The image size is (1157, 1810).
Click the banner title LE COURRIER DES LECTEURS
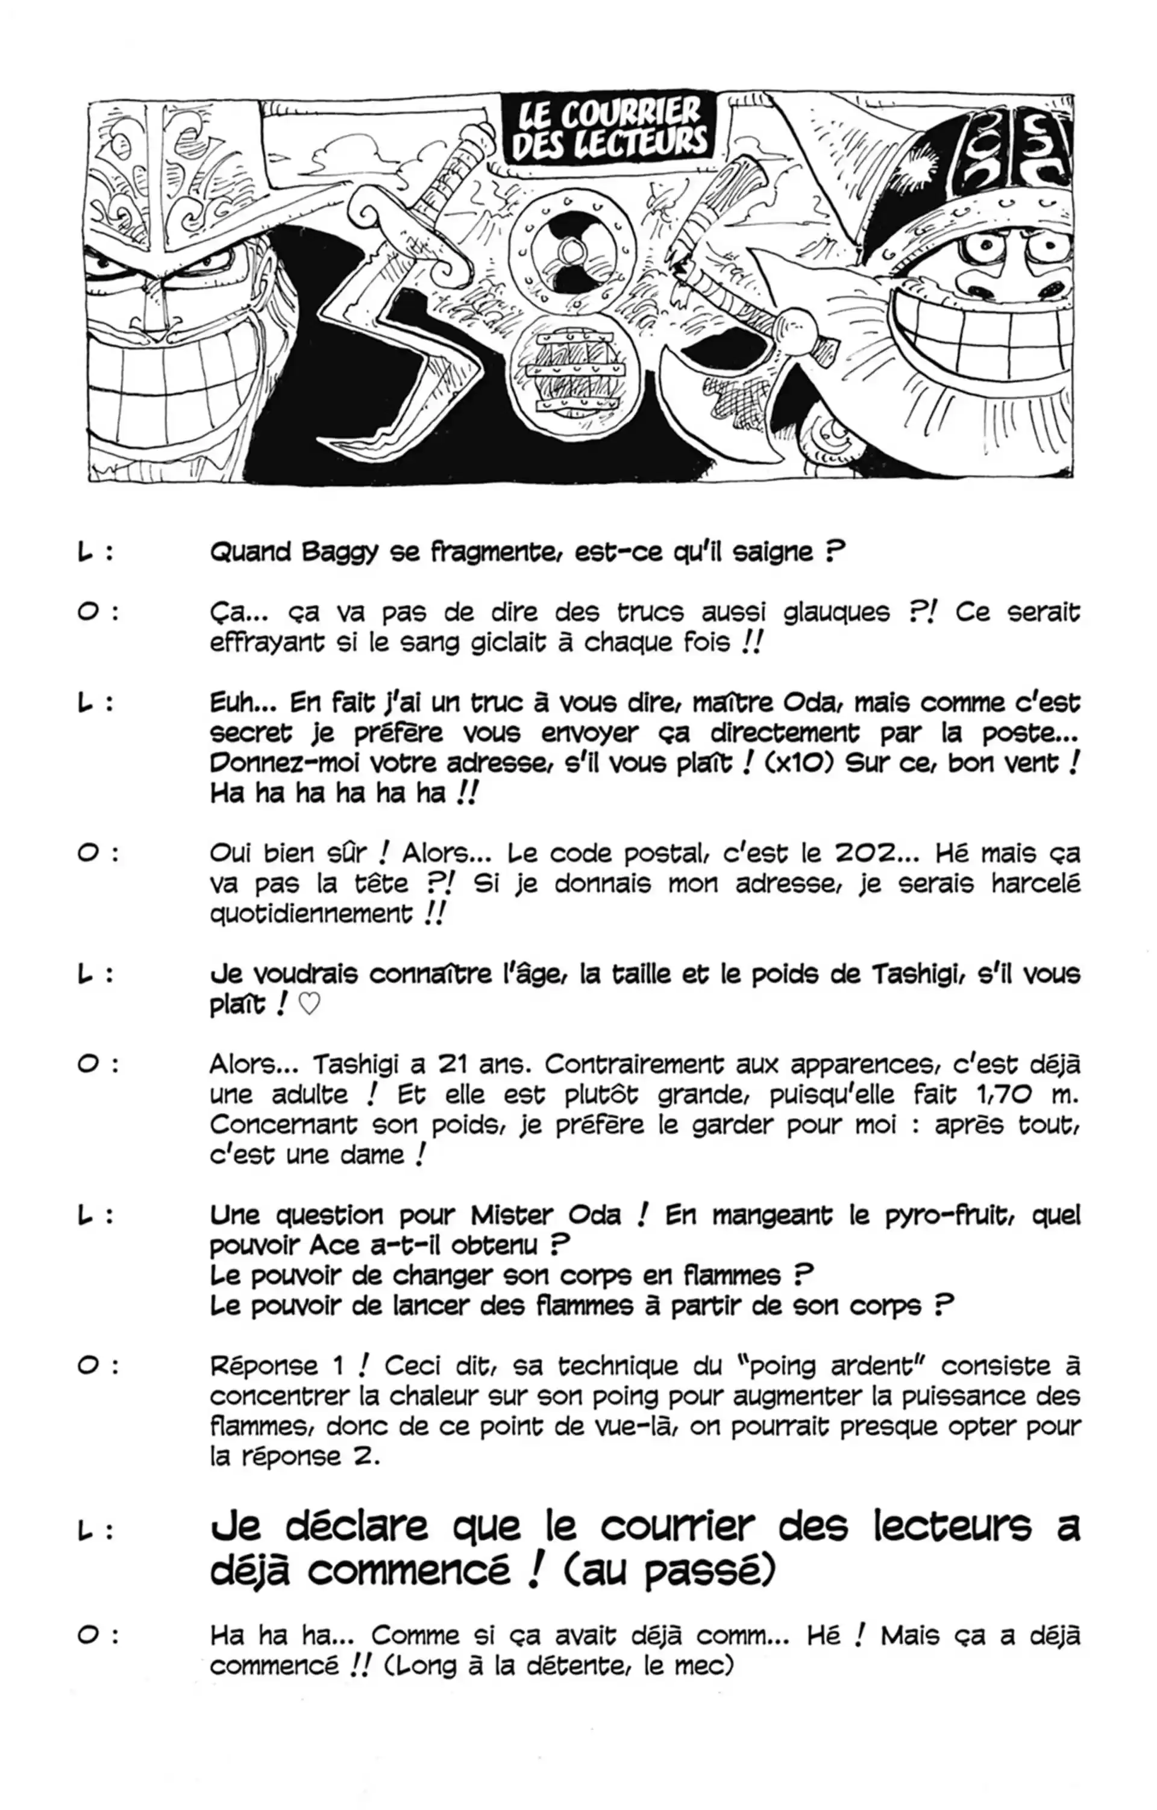coord(610,128)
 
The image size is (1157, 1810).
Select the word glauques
coord(836,613)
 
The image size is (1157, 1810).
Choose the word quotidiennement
coord(310,914)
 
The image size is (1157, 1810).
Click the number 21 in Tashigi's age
coord(454,1065)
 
